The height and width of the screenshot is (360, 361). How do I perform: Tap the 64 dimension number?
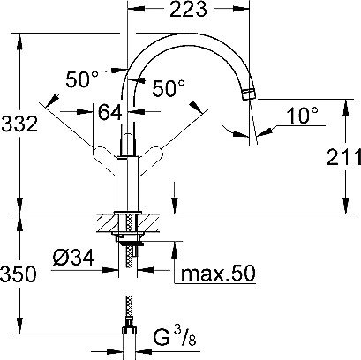[x=109, y=112]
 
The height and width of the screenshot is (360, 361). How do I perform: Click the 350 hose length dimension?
[x=19, y=273]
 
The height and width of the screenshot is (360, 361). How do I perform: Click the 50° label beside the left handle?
[x=83, y=80]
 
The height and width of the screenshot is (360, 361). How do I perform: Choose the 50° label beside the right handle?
[x=168, y=89]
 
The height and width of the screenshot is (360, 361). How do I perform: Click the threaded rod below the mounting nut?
[x=130, y=258]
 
